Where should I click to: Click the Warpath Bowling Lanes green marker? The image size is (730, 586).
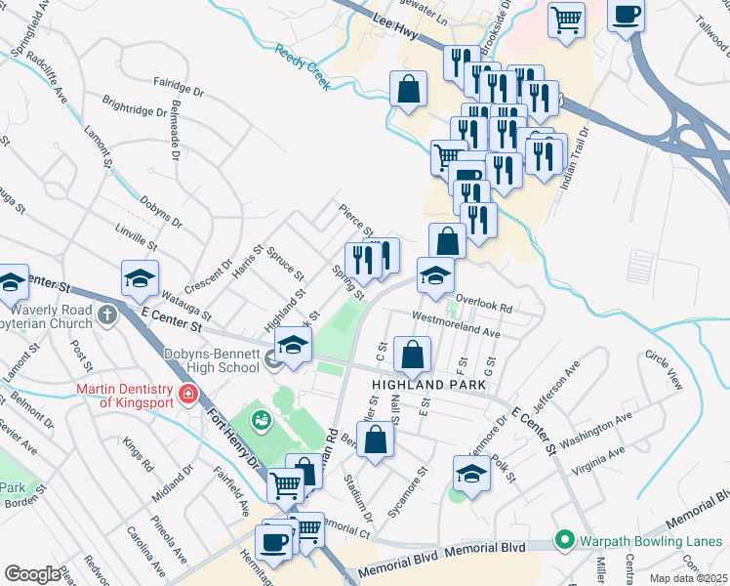tap(563, 540)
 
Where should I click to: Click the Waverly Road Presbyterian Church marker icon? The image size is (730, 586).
tap(108, 315)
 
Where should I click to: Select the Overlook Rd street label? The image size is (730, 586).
tap(483, 306)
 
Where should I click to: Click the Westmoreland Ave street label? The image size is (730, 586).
tap(457, 326)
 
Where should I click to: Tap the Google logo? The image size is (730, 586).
tap(32, 574)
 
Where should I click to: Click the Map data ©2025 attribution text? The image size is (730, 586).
tap(688, 578)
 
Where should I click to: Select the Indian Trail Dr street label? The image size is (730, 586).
tap(572, 157)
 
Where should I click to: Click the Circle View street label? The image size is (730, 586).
tap(663, 369)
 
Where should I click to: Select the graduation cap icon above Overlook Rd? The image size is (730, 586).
tap(435, 274)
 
